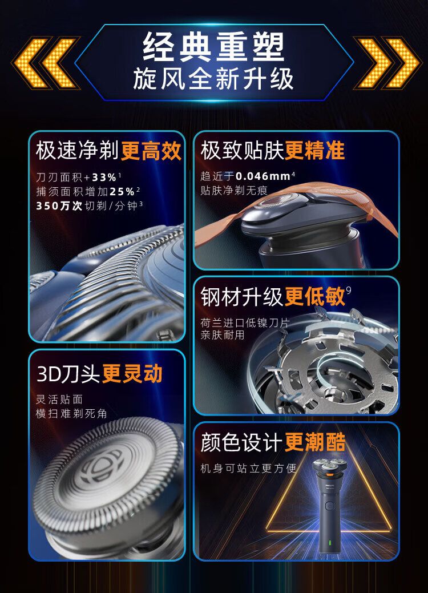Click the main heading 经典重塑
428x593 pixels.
pyautogui.click(x=213, y=47)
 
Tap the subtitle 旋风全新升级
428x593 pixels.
pyautogui.click(x=213, y=79)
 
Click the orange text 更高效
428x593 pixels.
pyautogui.click(x=151, y=151)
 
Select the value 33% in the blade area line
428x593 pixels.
pyautogui.click(x=104, y=177)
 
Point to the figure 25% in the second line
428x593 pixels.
pyautogui.click(x=123, y=191)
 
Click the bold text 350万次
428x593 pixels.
pyautogui.click(x=59, y=205)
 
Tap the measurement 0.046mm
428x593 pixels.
pyautogui.click(x=263, y=176)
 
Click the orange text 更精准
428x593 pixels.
pyautogui.click(x=314, y=151)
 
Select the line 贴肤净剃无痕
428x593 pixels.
pyautogui.click(x=234, y=190)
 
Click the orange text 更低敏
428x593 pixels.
pyautogui.click(x=314, y=296)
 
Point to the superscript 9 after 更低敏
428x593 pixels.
pyautogui.click(x=349, y=290)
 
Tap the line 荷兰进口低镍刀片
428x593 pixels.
pyautogui.click(x=245, y=322)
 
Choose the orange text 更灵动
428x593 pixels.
pyautogui.click(x=132, y=374)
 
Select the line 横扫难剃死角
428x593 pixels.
pyautogui.click(x=71, y=413)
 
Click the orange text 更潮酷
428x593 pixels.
pyautogui.click(x=314, y=442)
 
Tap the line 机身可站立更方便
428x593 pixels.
pyautogui.click(x=248, y=468)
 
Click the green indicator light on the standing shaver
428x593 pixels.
pyautogui.click(x=329, y=543)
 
